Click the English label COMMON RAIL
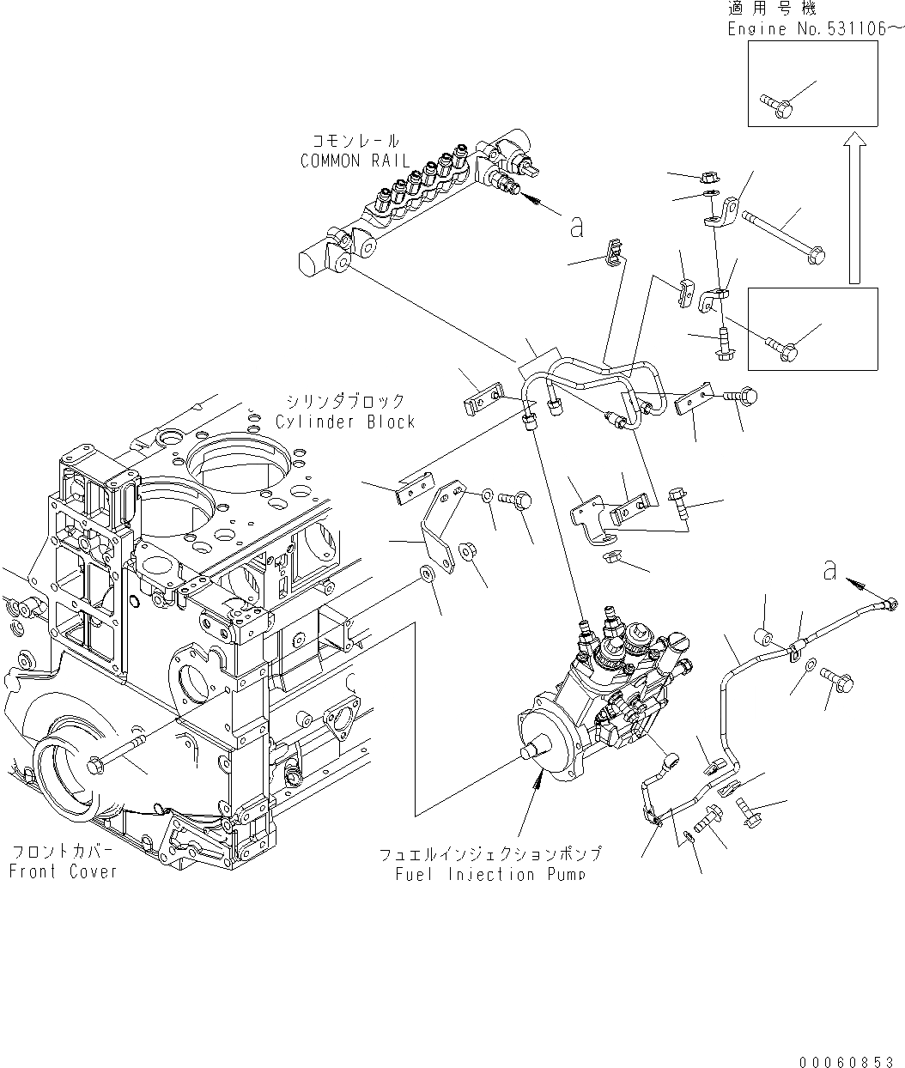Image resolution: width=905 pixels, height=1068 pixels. click(x=355, y=161)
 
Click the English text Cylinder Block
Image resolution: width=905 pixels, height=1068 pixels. click(x=345, y=422)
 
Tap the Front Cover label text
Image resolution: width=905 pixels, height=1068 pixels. click(x=63, y=871)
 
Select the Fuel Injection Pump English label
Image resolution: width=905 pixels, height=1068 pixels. click(x=490, y=874)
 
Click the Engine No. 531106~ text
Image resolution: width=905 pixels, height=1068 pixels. click(x=815, y=29)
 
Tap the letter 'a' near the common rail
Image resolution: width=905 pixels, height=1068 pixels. click(x=577, y=227)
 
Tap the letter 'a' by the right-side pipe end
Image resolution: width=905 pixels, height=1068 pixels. click(x=829, y=570)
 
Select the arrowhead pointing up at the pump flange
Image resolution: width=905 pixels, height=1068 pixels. click(x=538, y=777)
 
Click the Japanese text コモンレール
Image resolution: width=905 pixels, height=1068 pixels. click(x=355, y=142)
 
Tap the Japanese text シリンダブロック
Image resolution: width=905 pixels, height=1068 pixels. click(x=345, y=402)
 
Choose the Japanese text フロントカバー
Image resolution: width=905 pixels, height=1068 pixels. click(x=63, y=853)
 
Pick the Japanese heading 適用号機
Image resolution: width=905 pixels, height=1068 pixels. click(x=772, y=9)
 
